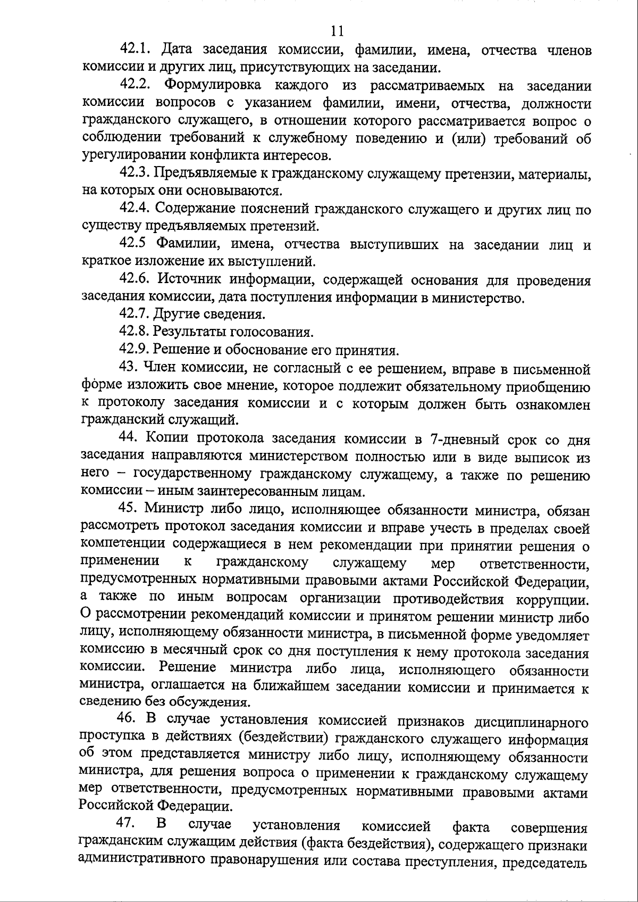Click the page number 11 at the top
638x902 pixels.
[337, 30]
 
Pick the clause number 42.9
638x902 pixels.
[135, 350]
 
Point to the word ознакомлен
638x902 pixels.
[552, 404]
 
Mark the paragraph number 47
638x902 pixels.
[127, 823]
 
